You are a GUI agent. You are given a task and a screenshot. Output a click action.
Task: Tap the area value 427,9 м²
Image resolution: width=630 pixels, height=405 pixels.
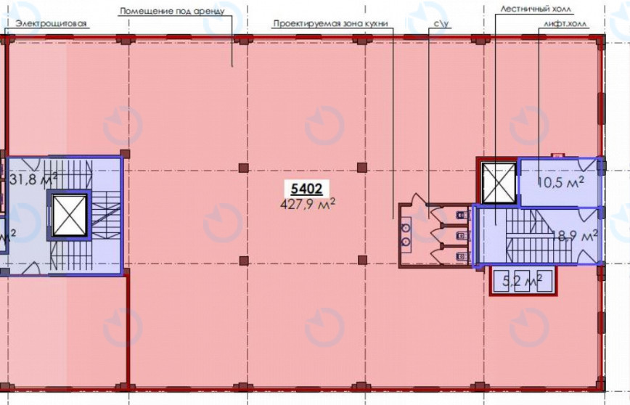click(x=307, y=204)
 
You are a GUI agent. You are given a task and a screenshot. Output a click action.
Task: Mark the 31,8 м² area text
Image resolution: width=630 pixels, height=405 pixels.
click(x=33, y=178)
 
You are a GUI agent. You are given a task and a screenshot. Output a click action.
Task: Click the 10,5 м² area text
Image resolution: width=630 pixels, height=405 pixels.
click(x=560, y=183)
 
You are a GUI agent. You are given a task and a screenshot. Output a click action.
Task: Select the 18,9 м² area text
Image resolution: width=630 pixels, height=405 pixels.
click(x=573, y=236)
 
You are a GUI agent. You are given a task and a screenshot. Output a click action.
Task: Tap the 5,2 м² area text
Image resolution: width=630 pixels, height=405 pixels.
click(x=523, y=280)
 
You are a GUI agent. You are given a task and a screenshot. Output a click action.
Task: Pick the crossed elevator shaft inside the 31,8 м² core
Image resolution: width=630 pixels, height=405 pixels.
click(x=69, y=215)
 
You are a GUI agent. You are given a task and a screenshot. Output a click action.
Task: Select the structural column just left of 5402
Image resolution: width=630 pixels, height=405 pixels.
click(x=242, y=168)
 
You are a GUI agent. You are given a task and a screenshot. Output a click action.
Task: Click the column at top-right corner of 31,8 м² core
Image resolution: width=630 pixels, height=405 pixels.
click(x=125, y=154)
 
